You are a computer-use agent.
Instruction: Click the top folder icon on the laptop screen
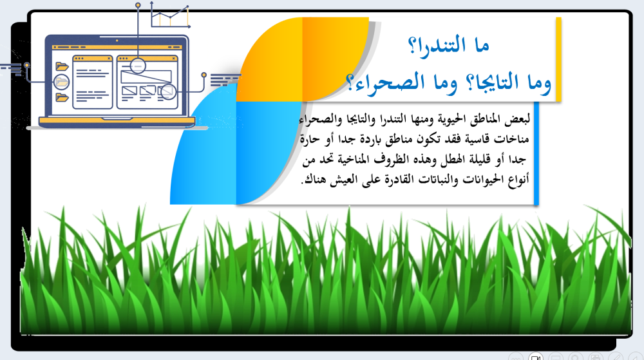click(62, 66)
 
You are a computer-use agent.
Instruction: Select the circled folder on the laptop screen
click(61, 82)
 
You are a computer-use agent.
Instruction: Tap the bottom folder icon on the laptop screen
click(62, 97)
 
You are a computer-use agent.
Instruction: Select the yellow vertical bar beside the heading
click(558, 59)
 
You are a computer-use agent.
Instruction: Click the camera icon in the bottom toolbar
click(535, 356)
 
